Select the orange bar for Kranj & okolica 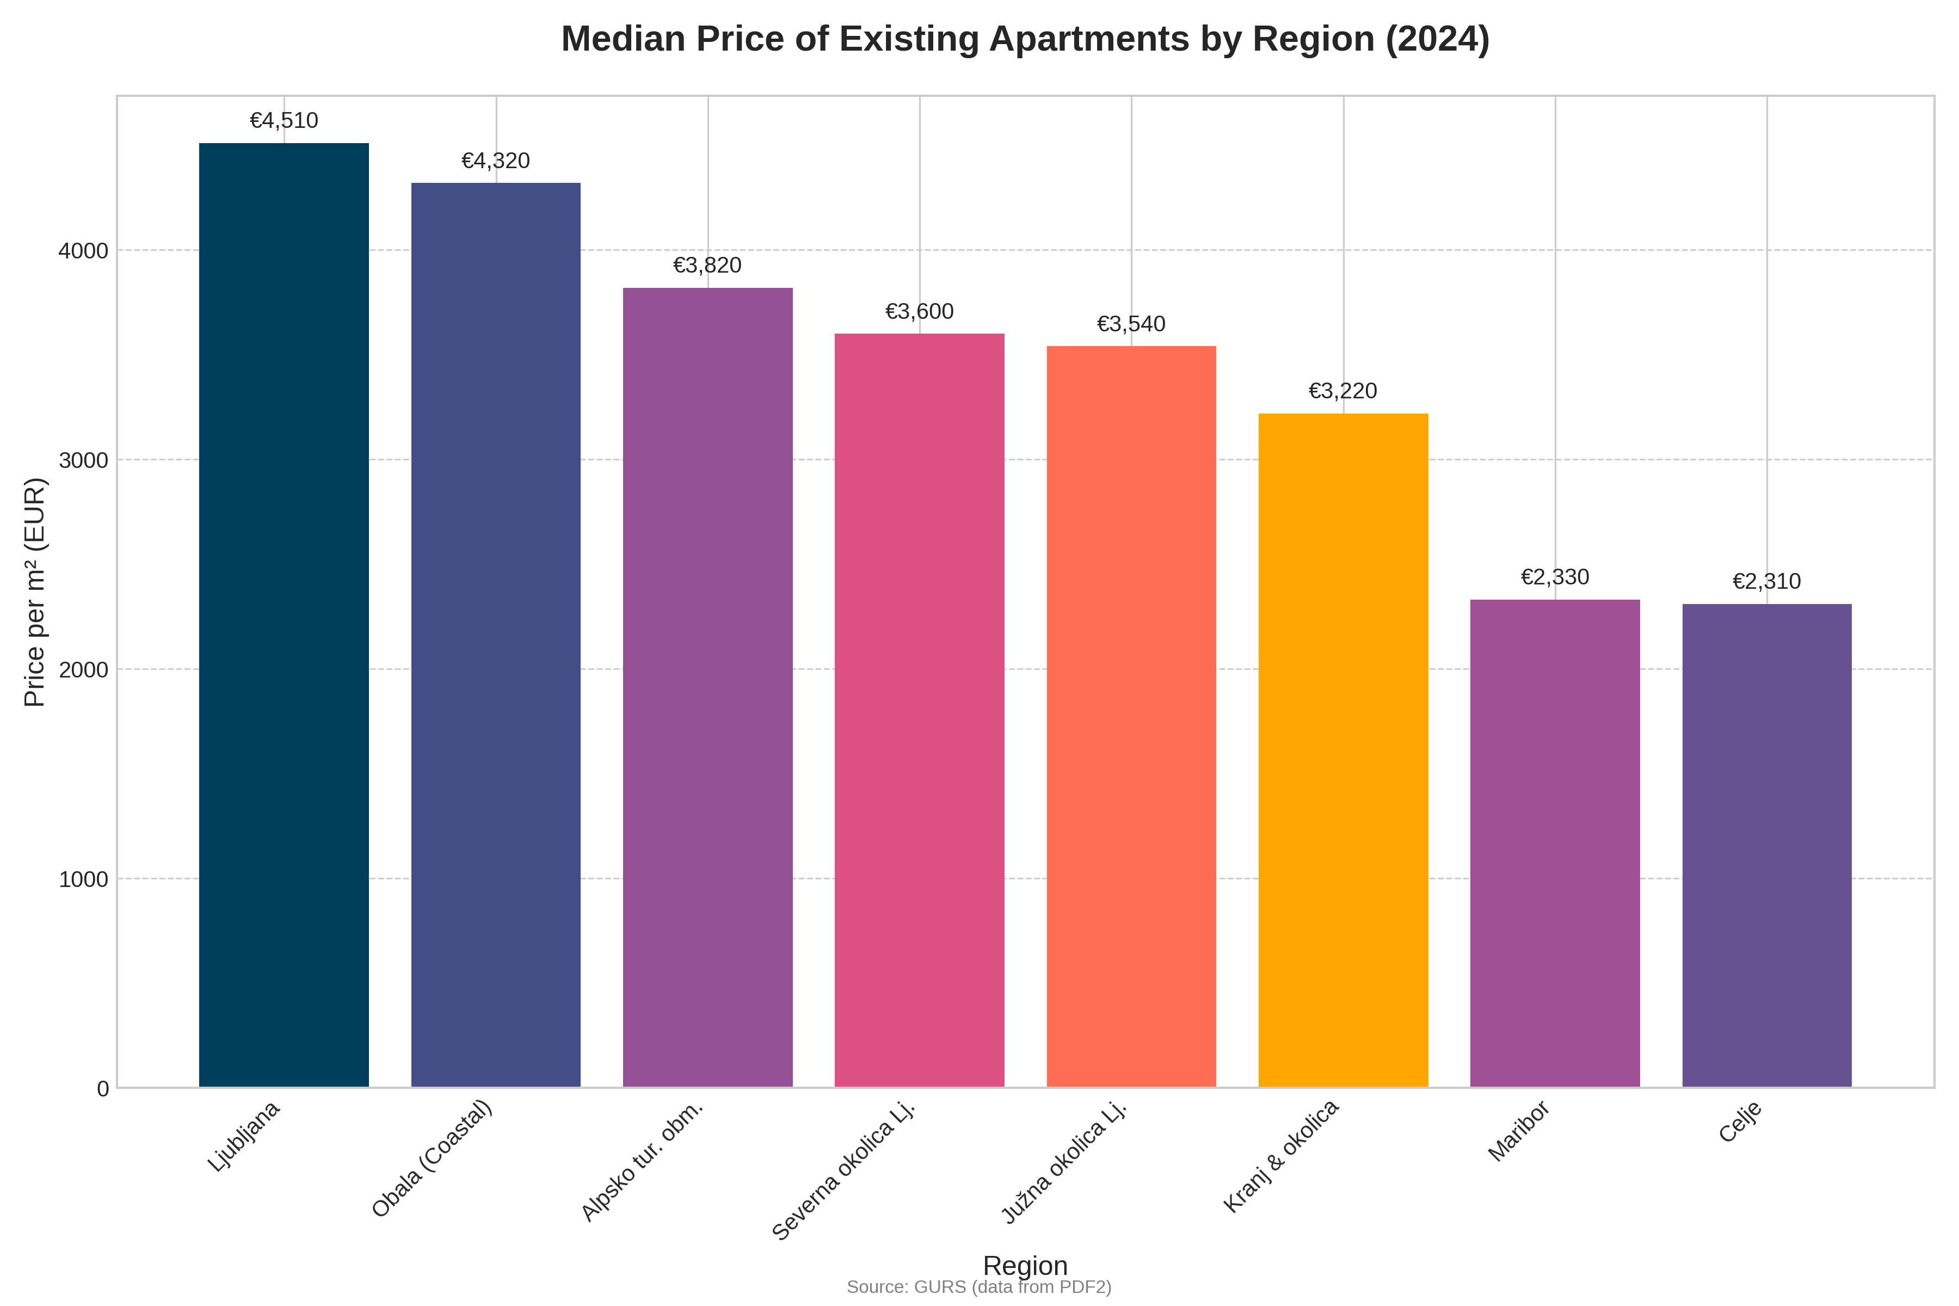pos(1342,750)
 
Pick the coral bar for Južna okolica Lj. pos(1131,716)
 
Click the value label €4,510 pos(284,121)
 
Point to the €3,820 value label pos(707,266)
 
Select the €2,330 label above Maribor pos(1554,577)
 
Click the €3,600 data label pos(920,311)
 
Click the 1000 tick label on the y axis pos(83,879)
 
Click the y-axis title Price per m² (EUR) pos(34,592)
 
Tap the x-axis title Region pos(1025,1265)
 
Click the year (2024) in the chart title pos(1437,39)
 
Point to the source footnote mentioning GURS pos(978,1287)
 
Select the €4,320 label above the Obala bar pos(496,161)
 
